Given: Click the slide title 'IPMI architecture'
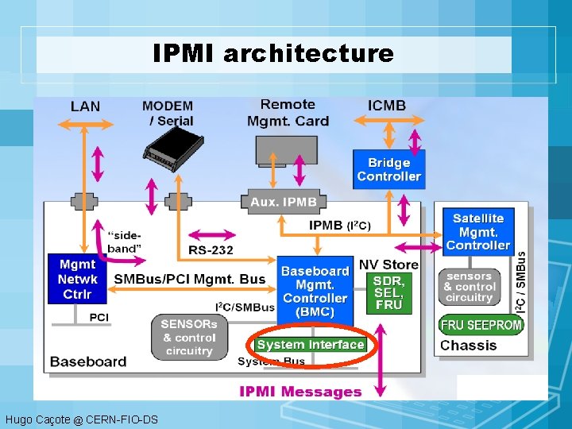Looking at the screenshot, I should tap(273, 54).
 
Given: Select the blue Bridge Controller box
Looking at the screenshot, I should tap(388, 169).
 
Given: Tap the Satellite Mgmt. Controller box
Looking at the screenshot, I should tap(477, 231).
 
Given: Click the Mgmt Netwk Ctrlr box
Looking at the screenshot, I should tap(77, 280).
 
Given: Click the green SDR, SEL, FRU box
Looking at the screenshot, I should tap(388, 292).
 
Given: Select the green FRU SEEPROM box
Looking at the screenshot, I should tap(481, 325).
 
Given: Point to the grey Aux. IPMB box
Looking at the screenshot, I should tap(284, 202).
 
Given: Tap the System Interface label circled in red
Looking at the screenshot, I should tap(310, 344).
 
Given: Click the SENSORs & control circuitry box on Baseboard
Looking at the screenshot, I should tap(188, 337).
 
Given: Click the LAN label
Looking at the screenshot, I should tap(85, 106).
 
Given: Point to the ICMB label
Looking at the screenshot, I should tap(387, 105).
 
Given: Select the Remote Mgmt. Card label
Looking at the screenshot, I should tap(287, 112).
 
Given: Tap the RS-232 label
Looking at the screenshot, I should tap(211, 249).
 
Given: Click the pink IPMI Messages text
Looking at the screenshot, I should tap(301, 392).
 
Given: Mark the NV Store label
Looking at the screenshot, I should tap(388, 264).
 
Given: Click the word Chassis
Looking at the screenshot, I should tap(469, 346).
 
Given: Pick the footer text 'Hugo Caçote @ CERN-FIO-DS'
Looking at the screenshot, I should tap(81, 419).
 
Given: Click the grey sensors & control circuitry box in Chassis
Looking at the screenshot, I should tap(470, 287).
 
